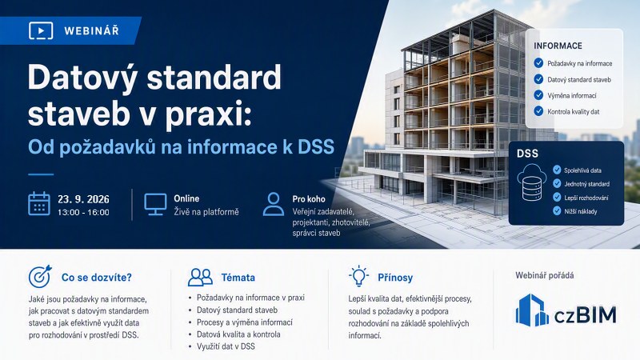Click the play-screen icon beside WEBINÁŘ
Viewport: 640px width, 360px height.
[41, 30]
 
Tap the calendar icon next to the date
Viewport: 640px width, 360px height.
[39, 204]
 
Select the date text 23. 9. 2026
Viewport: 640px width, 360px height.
[83, 199]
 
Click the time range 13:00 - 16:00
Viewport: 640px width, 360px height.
[83, 212]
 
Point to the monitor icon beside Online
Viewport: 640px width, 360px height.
[155, 204]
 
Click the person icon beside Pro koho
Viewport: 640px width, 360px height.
[274, 204]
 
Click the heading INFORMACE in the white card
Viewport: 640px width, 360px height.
[558, 46]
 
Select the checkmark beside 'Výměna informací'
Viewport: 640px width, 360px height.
[538, 95]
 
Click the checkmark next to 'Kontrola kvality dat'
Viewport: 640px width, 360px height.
[538, 111]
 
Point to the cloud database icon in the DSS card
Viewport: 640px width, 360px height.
[532, 182]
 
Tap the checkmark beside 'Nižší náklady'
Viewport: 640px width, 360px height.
[557, 210]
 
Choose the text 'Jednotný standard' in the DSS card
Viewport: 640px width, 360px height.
[587, 184]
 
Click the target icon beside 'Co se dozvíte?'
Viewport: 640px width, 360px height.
[40, 276]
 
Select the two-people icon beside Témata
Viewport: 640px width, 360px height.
[201, 277]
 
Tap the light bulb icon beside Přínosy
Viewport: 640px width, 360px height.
[358, 276]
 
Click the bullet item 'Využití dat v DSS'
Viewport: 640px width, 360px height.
[226, 346]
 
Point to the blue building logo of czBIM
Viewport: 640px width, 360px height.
[532, 310]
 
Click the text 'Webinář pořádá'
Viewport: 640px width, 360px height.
[545, 275]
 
